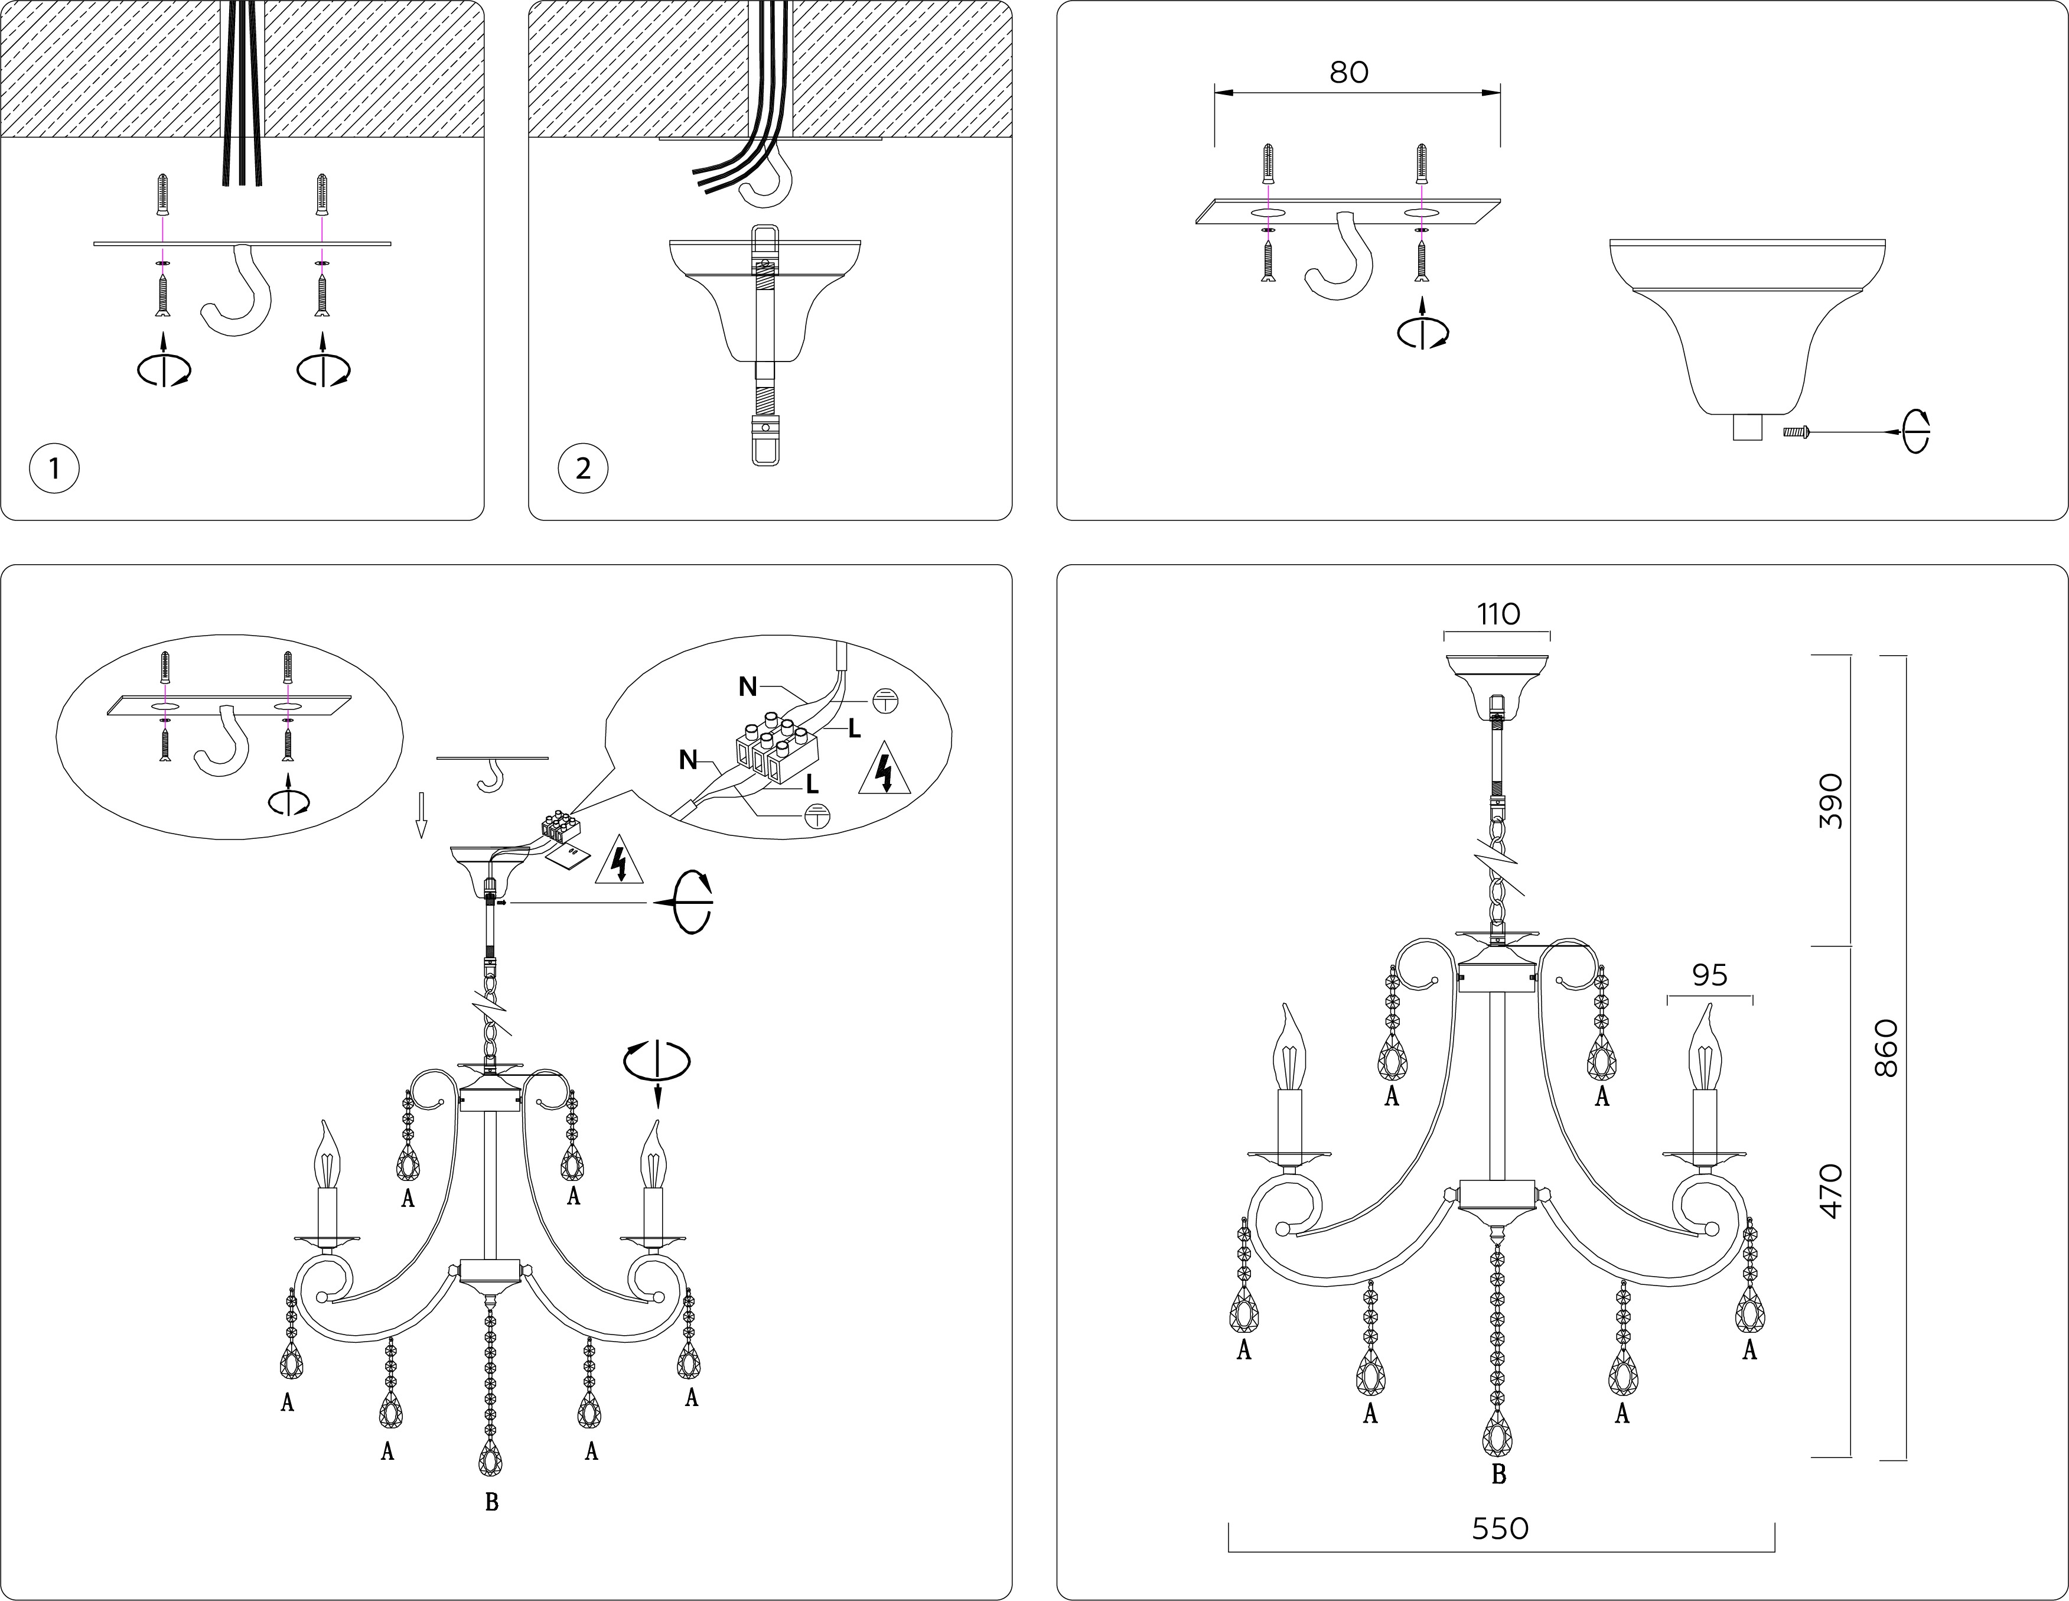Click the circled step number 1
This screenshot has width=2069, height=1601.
click(54, 468)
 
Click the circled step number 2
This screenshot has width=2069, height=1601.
click(582, 468)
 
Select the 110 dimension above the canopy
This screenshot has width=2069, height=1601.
click(1498, 615)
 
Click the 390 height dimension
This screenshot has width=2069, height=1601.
click(1831, 800)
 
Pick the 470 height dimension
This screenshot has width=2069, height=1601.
click(1831, 1191)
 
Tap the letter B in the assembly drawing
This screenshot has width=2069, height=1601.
click(491, 1502)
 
